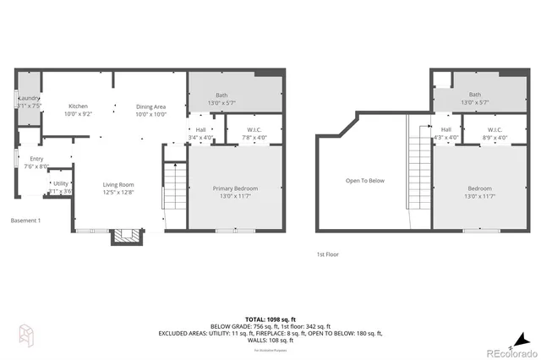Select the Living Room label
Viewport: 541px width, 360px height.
tap(118, 188)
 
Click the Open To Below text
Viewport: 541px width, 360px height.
tap(364, 180)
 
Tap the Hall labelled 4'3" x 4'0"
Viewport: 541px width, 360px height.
tap(445, 134)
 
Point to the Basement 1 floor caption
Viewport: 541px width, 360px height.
tap(25, 221)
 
